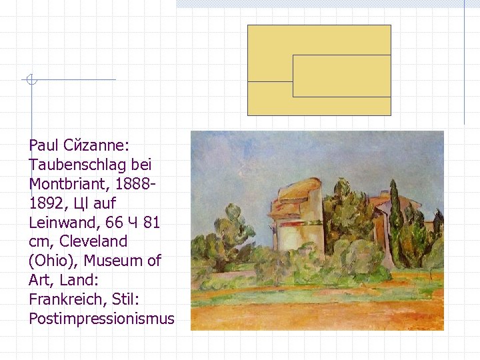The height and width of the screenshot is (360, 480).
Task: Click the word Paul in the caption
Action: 42,145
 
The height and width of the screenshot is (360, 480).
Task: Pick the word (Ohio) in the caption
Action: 49,261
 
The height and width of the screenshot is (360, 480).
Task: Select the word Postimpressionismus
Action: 101,319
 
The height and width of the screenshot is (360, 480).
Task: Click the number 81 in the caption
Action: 152,222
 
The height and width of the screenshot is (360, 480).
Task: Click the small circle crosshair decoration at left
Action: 30,80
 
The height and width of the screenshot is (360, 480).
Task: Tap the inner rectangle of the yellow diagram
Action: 341,76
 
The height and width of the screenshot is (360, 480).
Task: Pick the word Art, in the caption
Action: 41,280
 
